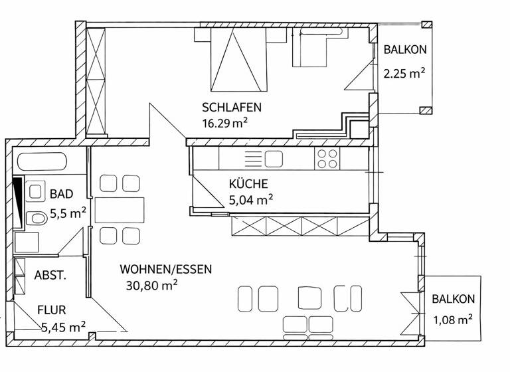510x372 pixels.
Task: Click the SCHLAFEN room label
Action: [x=232, y=107]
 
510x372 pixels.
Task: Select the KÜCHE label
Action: [x=248, y=184]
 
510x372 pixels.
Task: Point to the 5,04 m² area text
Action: [x=251, y=199]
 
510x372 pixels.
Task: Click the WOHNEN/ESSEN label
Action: [x=165, y=269]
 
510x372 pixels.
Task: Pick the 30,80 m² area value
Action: [x=152, y=285]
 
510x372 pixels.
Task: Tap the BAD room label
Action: [x=61, y=194]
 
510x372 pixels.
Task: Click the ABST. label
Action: [x=50, y=276]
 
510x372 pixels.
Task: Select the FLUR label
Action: [x=51, y=310]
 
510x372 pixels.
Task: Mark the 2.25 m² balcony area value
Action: [x=404, y=73]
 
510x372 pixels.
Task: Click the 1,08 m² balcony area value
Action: [x=452, y=320]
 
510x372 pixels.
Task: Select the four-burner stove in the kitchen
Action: [x=326, y=158]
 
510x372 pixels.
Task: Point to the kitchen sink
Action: [x=273, y=158]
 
